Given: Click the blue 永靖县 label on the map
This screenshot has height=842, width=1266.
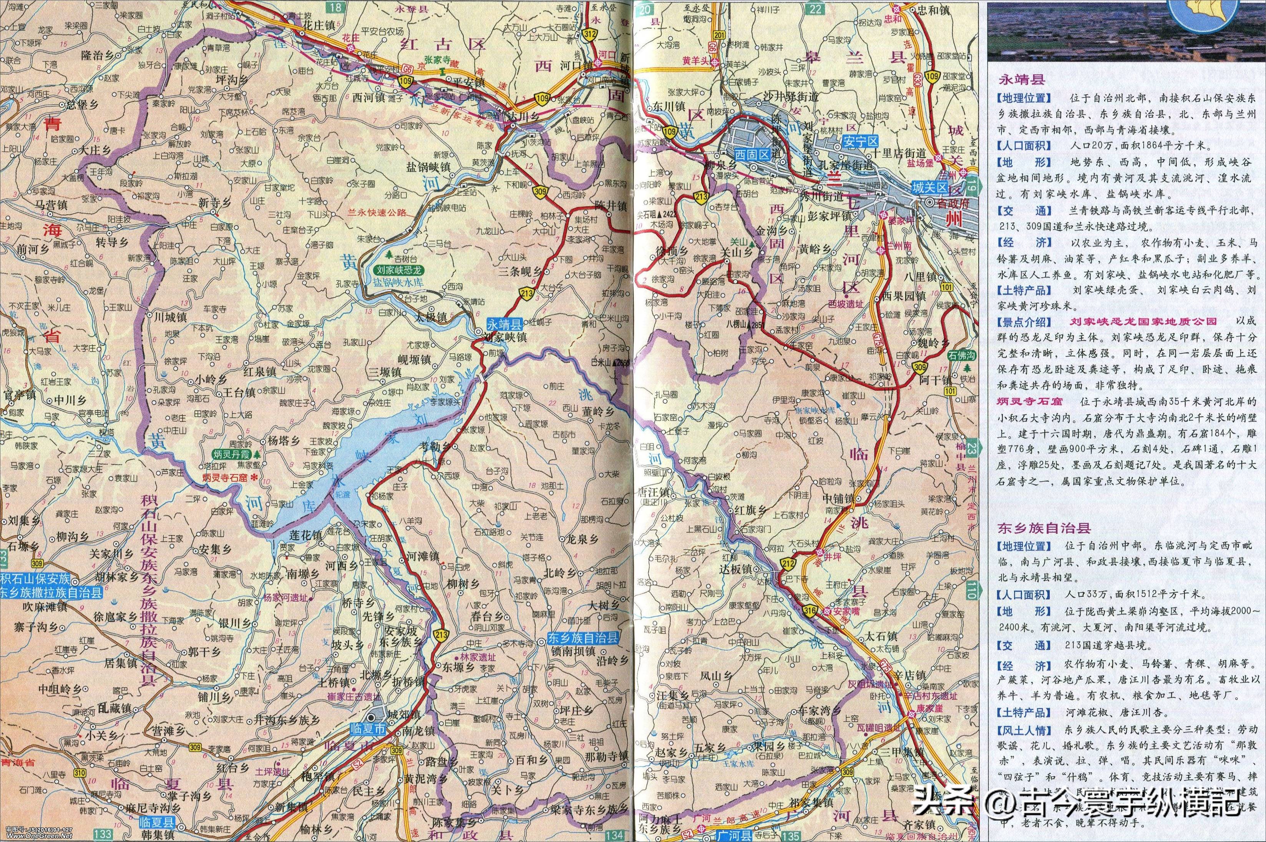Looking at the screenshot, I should (x=504, y=324).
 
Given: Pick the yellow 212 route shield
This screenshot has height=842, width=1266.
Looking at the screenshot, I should (x=788, y=563).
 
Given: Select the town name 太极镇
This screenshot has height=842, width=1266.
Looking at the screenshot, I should (x=430, y=318).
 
